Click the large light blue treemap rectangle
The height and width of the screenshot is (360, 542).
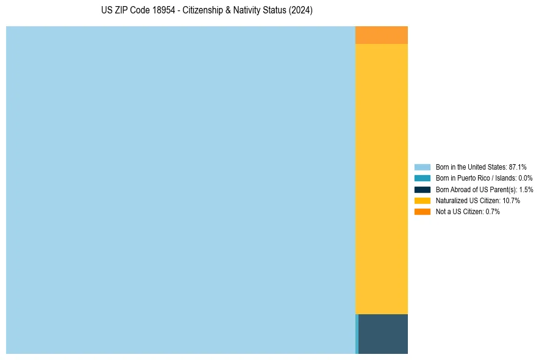coord(180,190)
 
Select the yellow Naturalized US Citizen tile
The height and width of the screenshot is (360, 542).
coord(382,179)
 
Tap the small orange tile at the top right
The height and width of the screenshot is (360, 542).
coord(382,35)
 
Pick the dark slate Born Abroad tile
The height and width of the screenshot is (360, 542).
coord(383,334)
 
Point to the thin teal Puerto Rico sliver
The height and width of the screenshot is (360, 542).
coord(357,334)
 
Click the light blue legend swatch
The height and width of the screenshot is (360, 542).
coord(423,167)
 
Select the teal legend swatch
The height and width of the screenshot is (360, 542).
coord(423,178)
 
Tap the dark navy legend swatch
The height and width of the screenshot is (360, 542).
coord(423,189)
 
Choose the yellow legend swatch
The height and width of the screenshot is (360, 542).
coord(423,200)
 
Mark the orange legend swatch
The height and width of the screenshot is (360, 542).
coord(423,211)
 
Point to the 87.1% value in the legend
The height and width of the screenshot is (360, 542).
coord(518,167)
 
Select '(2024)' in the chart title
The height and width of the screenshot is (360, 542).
coord(301,11)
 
